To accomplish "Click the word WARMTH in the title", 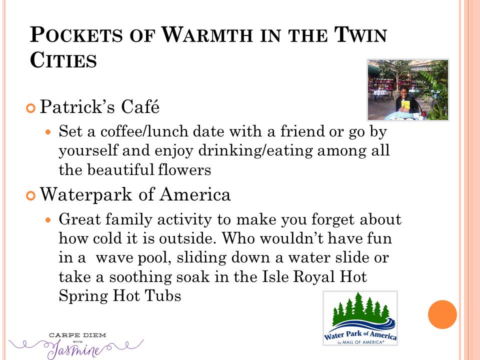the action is [207, 34].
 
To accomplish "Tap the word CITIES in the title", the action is [63, 59].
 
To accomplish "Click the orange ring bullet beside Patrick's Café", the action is [31, 108].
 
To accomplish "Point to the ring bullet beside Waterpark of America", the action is [31, 196].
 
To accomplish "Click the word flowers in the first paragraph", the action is [184, 170].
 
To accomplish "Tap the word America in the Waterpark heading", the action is [194, 194].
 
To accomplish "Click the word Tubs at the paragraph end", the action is [162, 295].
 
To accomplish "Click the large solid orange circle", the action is [442, 314].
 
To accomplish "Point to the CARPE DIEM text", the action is [77, 335].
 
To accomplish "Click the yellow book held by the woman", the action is [405, 104].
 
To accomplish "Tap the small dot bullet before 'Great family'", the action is [47, 220].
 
